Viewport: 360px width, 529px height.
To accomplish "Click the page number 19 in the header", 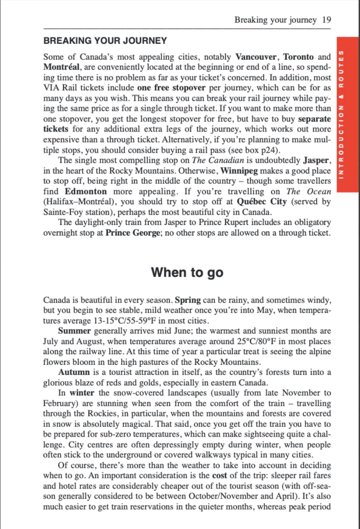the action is click(327, 20).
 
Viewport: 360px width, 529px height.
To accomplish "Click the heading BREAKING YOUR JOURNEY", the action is click(105, 41).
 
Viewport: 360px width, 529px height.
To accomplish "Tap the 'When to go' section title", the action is click(187, 272).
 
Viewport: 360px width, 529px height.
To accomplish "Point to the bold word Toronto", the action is click(298, 57).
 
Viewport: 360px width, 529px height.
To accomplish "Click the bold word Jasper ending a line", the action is click(317, 161).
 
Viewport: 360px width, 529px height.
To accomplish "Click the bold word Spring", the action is click(188, 300).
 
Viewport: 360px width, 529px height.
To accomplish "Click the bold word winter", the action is click(82, 393).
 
